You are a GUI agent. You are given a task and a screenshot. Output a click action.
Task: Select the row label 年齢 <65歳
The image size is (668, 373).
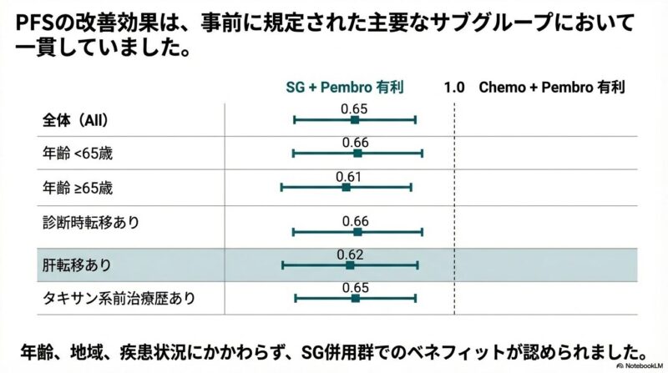(x=77, y=154)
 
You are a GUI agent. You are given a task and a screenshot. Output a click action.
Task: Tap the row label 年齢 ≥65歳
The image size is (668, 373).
(x=77, y=188)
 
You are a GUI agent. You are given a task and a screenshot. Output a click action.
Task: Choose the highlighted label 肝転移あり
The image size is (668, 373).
(x=77, y=265)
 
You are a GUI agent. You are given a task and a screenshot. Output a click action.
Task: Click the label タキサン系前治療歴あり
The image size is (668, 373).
(x=119, y=298)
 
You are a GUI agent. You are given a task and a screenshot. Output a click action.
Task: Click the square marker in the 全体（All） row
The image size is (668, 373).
(x=355, y=120)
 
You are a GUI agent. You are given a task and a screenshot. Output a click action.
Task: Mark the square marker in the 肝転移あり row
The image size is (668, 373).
(x=350, y=265)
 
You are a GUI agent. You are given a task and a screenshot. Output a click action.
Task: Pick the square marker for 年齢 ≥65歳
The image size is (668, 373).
(x=347, y=188)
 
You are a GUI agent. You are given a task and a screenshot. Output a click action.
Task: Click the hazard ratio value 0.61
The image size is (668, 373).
(x=348, y=177)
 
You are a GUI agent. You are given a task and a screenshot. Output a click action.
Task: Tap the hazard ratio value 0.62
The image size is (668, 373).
(x=350, y=254)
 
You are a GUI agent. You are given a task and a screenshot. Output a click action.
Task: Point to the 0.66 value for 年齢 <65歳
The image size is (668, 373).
(x=356, y=143)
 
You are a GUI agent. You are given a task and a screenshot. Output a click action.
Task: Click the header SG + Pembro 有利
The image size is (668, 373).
(x=345, y=87)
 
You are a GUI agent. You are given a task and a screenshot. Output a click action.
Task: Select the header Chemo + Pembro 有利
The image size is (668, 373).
(x=551, y=87)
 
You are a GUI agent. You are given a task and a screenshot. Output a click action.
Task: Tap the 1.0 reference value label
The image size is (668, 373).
(x=453, y=87)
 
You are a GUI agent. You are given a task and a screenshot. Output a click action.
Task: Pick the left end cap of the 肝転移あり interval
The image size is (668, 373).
(x=282, y=265)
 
